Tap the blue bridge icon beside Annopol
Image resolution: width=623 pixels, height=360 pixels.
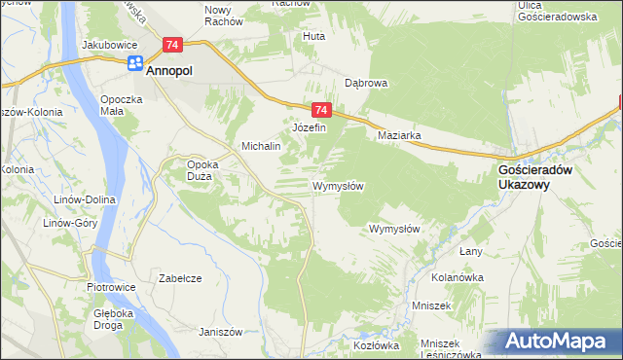(x=134, y=65)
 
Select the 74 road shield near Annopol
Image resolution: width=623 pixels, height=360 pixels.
(x=172, y=45)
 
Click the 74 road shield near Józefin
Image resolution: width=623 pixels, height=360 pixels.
(x=323, y=111)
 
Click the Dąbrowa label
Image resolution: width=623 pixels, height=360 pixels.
(x=366, y=84)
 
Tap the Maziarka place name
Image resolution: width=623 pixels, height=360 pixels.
(x=399, y=136)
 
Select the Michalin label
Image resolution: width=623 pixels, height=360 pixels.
(x=261, y=146)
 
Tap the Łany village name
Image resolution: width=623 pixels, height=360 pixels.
(x=471, y=252)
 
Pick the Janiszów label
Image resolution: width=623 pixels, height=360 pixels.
(x=219, y=331)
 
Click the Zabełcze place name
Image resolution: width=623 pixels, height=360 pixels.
(x=179, y=278)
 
